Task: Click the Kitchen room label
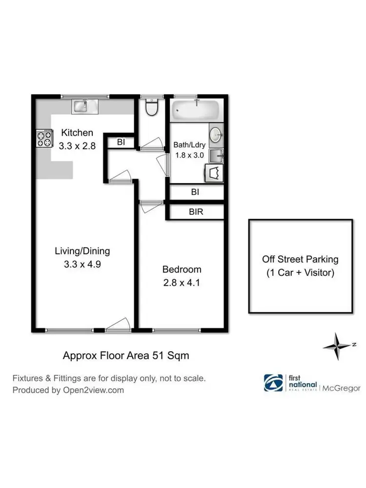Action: coord(77,133)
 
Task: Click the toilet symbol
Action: coord(152,108)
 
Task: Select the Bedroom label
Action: coord(182,269)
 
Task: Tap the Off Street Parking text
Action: coord(300,259)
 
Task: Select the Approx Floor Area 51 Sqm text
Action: coord(126,356)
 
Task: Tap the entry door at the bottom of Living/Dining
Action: coord(118,325)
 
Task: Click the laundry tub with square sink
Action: coord(215,156)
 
